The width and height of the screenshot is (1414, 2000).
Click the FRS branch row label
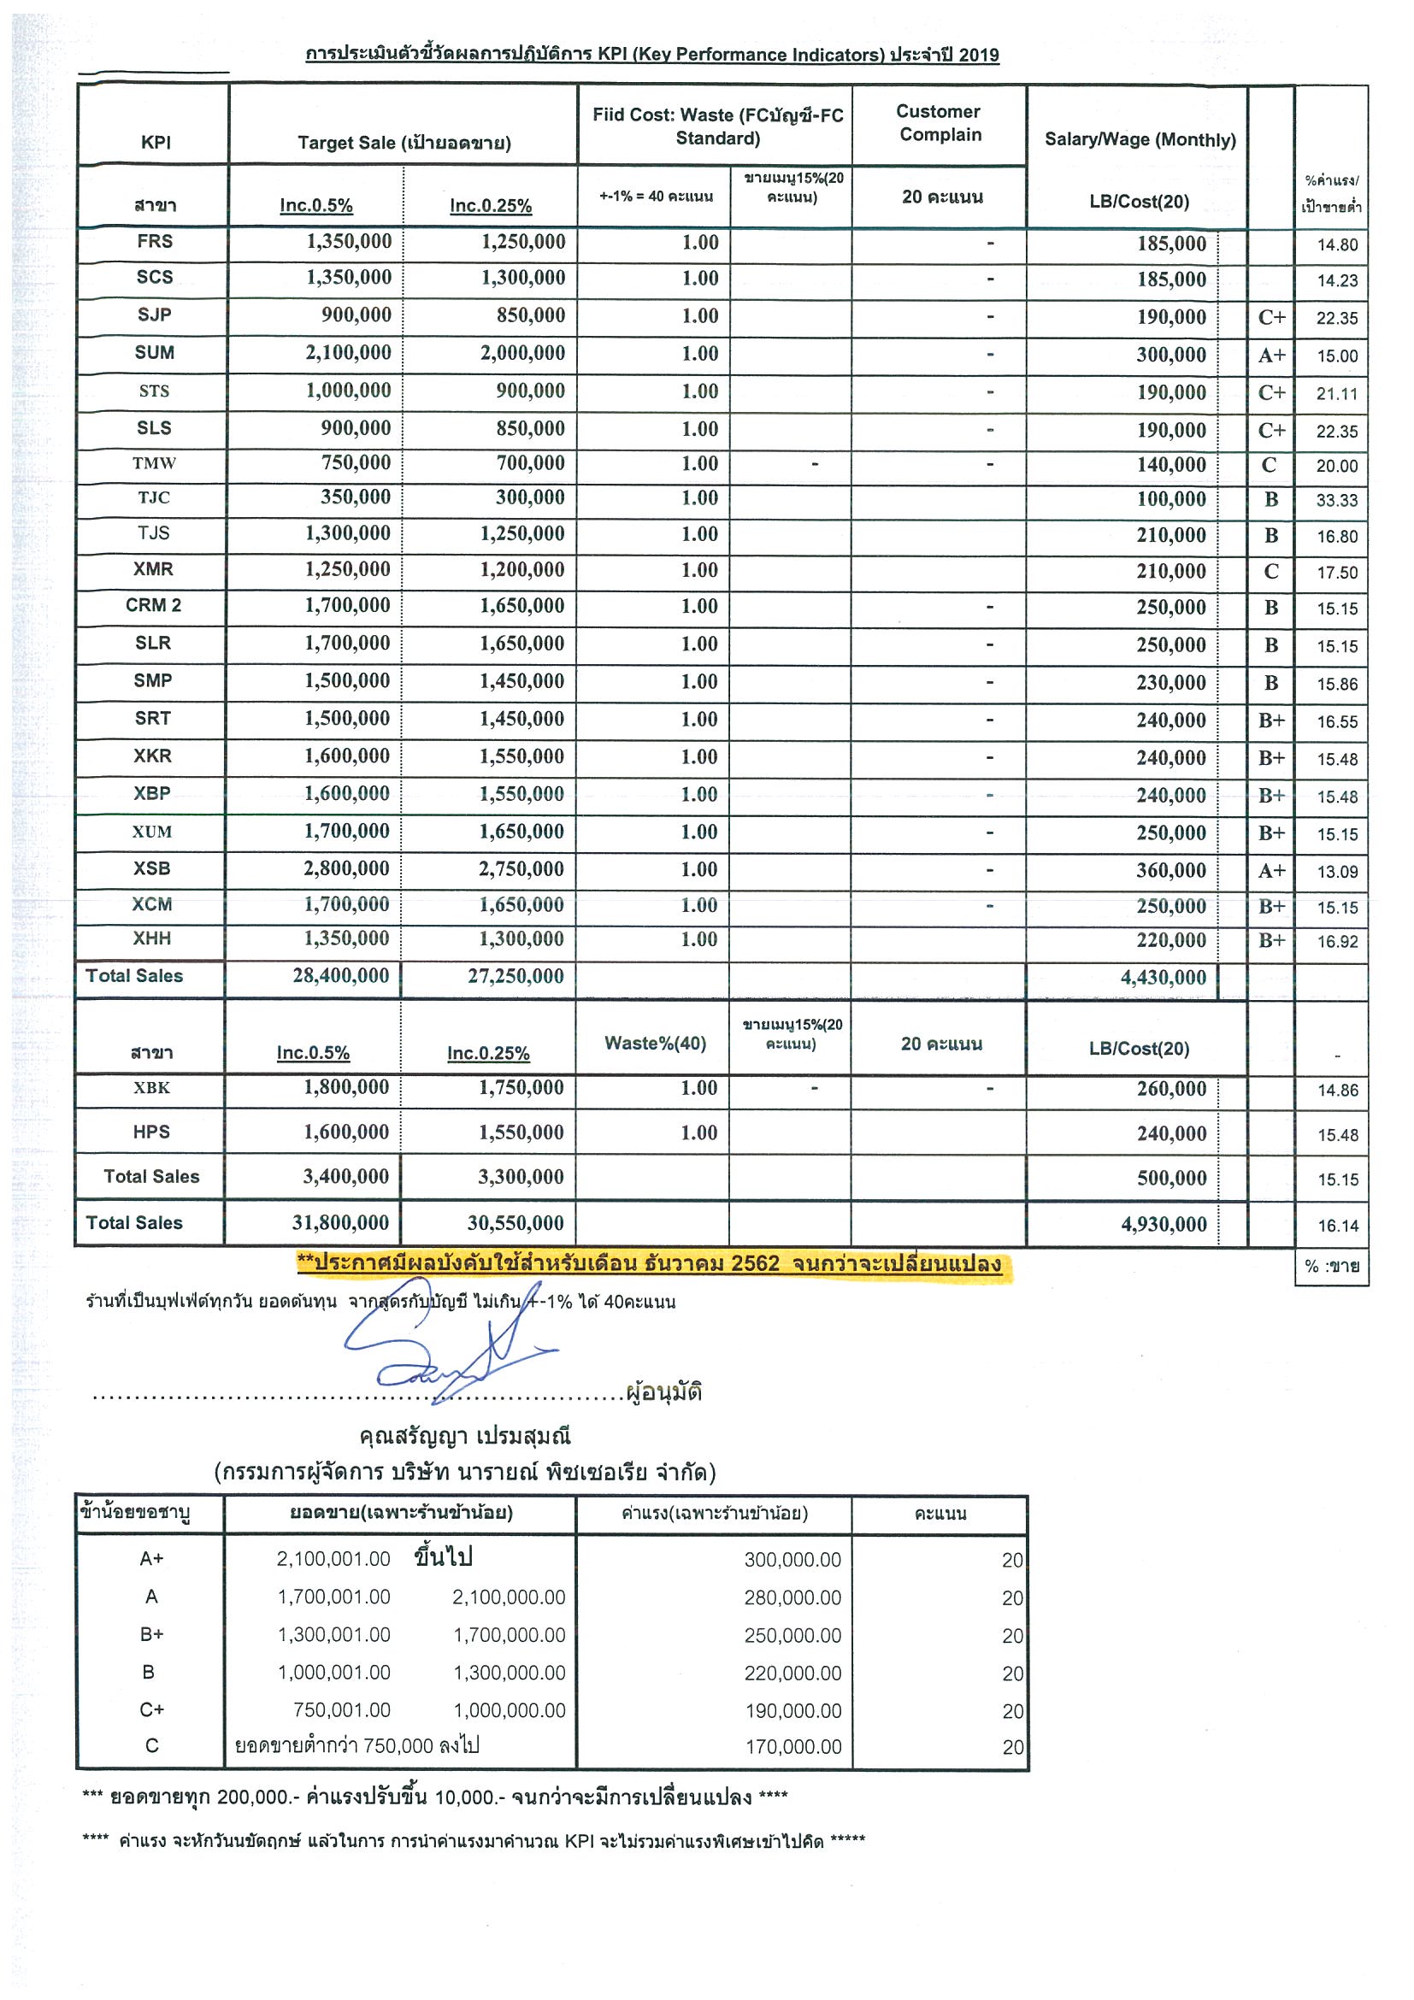coord(154,241)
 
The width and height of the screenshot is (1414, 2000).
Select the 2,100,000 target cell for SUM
coord(348,353)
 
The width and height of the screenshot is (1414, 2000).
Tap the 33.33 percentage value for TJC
coord(1336,500)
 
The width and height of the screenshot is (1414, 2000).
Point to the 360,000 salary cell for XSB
coord(1170,870)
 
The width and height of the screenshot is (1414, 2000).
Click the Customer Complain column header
coord(940,123)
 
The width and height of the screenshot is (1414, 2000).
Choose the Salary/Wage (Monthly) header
coord(1139,139)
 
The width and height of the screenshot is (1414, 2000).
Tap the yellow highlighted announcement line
coord(649,1264)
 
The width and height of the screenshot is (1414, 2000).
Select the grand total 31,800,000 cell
coord(339,1223)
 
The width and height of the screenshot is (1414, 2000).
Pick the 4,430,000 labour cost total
coord(1162,978)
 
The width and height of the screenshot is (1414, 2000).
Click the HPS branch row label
coord(151,1132)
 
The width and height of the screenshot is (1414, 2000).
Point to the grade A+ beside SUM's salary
coord(1271,355)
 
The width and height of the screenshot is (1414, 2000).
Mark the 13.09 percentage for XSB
coord(1336,871)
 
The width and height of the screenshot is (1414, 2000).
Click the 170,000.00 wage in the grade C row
coord(792,1746)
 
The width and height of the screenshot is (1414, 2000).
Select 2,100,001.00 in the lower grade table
coord(333,1559)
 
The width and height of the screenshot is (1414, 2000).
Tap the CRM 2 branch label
coord(153,605)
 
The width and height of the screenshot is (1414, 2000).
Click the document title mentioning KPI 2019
coord(651,55)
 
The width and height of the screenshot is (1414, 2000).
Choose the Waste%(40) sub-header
coord(654,1043)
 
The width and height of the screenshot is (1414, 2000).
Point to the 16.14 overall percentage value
coord(1337,1226)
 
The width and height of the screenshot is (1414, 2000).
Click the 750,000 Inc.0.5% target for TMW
coord(356,462)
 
